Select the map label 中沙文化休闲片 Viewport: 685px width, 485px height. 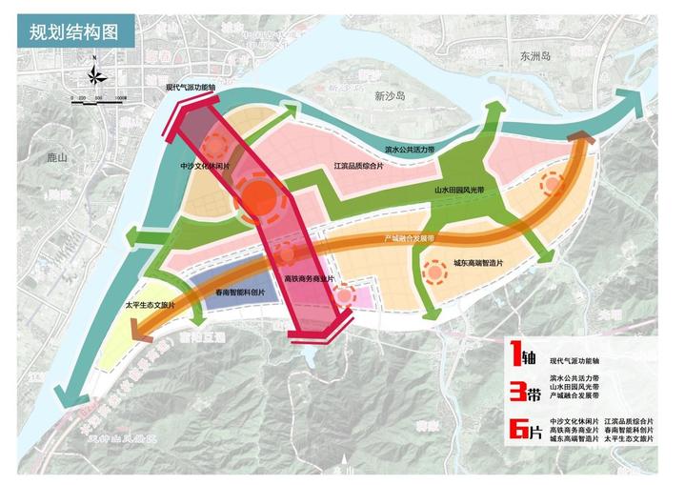[205, 166]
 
